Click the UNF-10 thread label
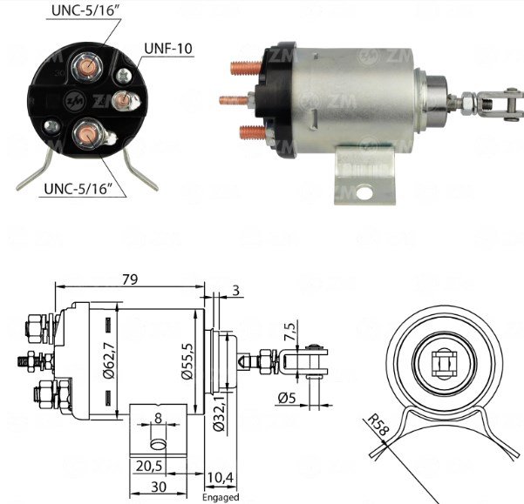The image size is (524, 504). [x=168, y=49]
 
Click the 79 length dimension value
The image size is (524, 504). [x=130, y=279]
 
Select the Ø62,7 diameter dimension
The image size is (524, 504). [x=109, y=360]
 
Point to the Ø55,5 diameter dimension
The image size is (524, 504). [x=187, y=361]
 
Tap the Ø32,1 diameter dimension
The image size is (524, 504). [x=219, y=413]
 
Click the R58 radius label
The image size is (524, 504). [x=378, y=425]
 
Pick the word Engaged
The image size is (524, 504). [x=221, y=497]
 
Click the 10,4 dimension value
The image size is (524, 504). [x=221, y=477]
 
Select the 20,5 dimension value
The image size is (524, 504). [x=149, y=466]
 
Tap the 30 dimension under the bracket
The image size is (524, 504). [x=159, y=487]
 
